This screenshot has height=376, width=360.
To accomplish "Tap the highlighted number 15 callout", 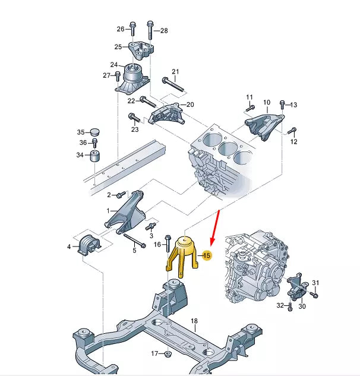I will pos(207,255).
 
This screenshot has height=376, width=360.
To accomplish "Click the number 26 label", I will pos(121,29).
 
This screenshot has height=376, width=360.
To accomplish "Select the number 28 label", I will pos(164,30).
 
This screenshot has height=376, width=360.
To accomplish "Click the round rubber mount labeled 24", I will pos(134,77).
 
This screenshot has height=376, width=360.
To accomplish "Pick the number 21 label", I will pos(175,71).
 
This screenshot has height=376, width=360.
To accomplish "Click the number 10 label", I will pos(266,103).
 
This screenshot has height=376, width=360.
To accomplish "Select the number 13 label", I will pos(293,105).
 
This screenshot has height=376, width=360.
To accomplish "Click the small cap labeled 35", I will pos(94,132).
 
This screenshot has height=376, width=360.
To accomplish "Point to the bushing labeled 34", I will pos(94,157).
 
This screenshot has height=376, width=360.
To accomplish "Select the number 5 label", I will pos(134,251).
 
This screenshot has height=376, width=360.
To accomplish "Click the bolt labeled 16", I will pos(168,239).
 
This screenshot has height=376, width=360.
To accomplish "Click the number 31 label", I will pos(315,283).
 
